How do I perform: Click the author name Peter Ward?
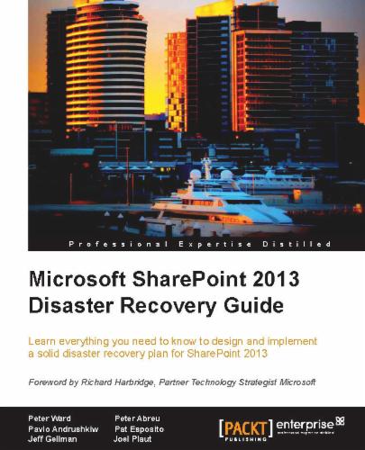(51, 418)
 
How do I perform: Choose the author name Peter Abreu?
(138, 418)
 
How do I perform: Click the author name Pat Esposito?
(139, 430)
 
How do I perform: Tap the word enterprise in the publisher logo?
(304, 421)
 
